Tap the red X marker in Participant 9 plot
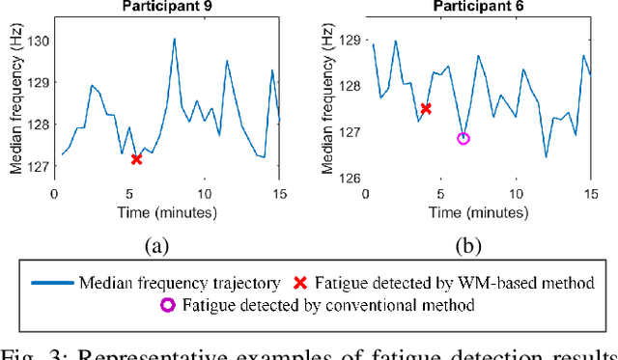[x=136, y=158]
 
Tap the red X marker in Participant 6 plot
[x=426, y=109]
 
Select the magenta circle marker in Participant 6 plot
[x=463, y=139]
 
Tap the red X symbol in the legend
[x=300, y=284]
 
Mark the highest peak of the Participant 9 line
[x=175, y=40]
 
